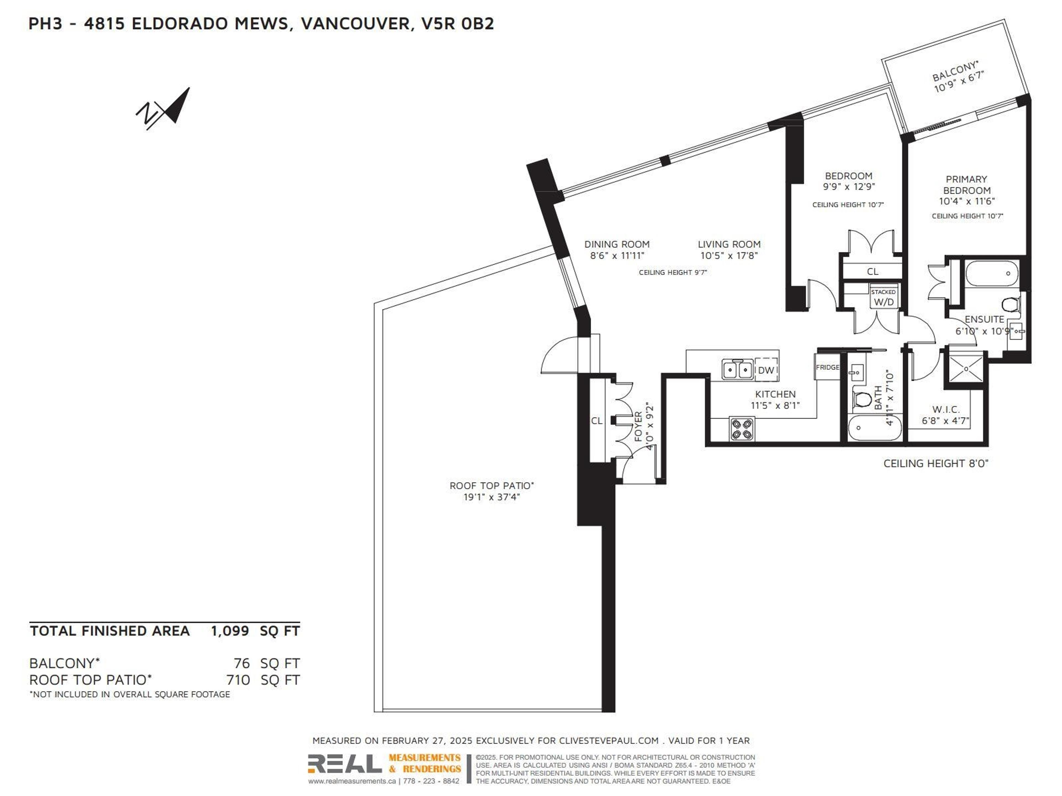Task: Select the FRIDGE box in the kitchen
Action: coord(827,367)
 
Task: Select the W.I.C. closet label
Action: coord(946,409)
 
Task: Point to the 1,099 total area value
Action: coord(230,631)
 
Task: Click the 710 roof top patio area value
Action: coord(238,680)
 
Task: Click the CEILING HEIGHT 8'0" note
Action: coord(935,464)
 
